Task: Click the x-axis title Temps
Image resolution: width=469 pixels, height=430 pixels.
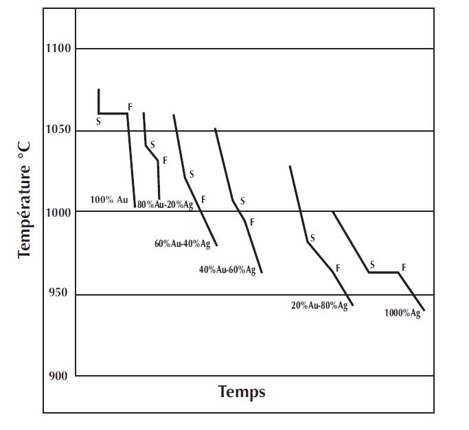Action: [242, 392]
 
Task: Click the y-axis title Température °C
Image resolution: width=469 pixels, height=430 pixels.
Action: [25, 206]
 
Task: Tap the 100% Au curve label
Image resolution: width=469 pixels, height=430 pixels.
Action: [109, 200]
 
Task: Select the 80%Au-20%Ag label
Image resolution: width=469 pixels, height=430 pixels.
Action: [165, 204]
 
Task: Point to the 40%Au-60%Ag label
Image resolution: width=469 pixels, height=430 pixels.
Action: [227, 270]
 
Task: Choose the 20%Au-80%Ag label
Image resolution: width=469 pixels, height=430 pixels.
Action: [319, 306]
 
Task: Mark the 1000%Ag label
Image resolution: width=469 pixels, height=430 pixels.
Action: [402, 313]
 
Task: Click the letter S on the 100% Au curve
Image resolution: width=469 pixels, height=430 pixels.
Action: [98, 121]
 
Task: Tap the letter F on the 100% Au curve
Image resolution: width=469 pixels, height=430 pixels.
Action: [130, 107]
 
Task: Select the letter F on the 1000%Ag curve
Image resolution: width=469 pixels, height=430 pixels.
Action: [404, 267]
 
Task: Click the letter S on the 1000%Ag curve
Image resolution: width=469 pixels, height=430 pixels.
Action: [372, 265]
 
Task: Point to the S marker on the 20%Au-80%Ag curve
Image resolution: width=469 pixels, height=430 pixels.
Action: [312, 238]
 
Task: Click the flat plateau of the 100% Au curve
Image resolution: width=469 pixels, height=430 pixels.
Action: [113, 113]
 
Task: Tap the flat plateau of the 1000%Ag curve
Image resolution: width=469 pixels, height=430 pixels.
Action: [383, 272]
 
